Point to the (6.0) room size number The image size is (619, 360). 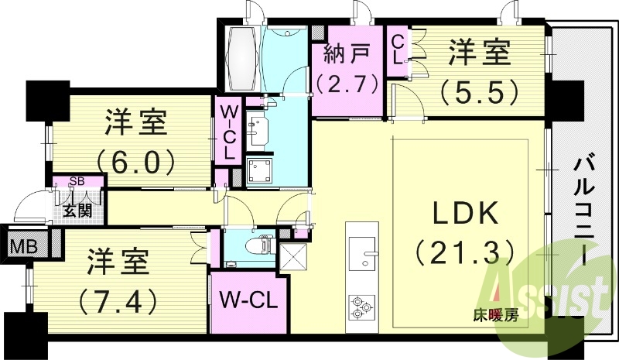138,161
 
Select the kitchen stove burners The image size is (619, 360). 360,306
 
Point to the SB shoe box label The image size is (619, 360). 77,182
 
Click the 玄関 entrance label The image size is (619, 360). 76,210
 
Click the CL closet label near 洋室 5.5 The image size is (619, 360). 397,49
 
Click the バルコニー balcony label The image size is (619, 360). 586,209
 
